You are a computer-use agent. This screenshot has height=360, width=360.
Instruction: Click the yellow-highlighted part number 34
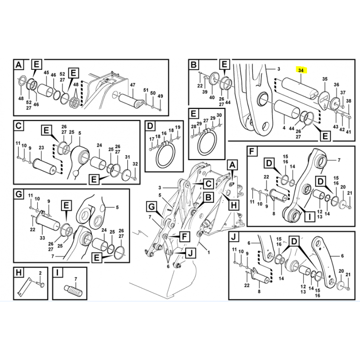[x=301, y=70]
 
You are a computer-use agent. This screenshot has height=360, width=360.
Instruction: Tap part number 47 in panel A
[x=133, y=85]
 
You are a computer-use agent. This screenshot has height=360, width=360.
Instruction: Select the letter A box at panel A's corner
[x=19, y=65]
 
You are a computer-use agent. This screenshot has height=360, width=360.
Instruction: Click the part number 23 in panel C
[x=41, y=148]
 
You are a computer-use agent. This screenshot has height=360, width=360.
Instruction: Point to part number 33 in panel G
[x=42, y=238]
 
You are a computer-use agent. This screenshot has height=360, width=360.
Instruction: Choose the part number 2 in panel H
[x=40, y=273]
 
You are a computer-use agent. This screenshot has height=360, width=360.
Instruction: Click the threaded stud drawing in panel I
[x=74, y=291]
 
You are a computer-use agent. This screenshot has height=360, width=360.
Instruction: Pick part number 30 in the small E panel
[x=219, y=115]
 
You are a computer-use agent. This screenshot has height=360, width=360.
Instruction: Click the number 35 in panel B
[x=325, y=79]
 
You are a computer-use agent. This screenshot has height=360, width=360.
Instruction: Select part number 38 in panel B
[x=348, y=100]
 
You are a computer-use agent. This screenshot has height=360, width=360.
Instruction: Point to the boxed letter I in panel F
[x=310, y=216]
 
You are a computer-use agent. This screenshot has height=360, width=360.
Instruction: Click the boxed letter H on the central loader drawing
[x=234, y=205]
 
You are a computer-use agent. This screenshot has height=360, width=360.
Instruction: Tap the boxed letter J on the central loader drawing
[x=190, y=253]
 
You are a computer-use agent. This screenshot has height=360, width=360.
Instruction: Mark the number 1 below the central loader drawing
[x=209, y=252]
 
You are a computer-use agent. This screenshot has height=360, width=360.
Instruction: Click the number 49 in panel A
[x=160, y=96]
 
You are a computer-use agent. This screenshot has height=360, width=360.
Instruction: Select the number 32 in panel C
[x=135, y=164]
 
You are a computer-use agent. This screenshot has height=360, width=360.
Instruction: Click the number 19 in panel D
[x=178, y=127]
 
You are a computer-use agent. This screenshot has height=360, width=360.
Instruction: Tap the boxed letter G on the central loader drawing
[x=152, y=207]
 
